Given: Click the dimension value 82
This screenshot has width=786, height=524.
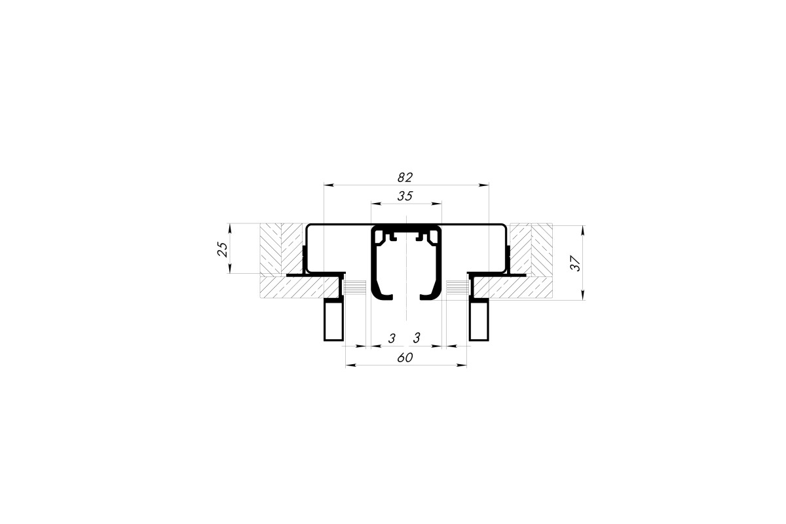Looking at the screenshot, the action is coord(405,178).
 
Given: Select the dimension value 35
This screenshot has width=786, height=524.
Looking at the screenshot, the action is coord(405,196).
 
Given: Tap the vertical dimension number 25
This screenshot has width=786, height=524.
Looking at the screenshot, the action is coord(223,249).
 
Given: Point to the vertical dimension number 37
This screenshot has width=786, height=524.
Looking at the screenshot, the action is coord(576,263).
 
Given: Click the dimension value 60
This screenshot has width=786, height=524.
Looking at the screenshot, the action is coord(405,358).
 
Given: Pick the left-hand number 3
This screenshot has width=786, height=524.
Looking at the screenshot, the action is coord(392,339).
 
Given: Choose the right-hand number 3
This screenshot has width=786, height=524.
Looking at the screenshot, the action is coord(417,338).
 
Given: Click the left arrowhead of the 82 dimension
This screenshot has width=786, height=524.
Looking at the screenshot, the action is coord(328,184).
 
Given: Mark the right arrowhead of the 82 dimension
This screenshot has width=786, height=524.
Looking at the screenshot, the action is coord(484,184).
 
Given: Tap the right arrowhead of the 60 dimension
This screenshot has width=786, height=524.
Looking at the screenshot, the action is coord(462,365).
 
